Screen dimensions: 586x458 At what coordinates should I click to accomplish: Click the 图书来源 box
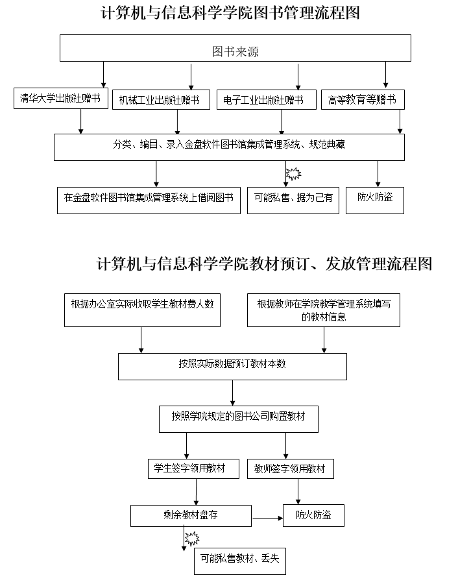coord(235,49)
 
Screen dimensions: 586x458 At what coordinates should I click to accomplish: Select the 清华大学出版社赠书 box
coord(61,98)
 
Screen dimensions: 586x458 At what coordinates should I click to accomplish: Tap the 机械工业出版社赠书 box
coord(163,101)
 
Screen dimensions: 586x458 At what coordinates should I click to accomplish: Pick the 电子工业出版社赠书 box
coord(266,99)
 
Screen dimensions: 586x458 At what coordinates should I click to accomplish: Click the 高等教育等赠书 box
coord(363,99)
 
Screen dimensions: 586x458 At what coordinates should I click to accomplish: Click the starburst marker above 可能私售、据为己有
coord(294,173)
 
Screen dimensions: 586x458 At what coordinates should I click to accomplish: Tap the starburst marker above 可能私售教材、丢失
coord(191,538)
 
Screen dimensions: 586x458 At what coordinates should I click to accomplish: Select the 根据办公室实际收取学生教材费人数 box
coord(142,310)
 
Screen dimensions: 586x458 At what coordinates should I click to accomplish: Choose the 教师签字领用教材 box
coord(291,469)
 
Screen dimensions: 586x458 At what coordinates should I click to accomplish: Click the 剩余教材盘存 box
coord(191,516)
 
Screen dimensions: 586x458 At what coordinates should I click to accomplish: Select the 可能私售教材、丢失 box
coord(239,560)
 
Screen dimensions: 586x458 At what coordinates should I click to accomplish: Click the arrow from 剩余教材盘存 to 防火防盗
coord(267,517)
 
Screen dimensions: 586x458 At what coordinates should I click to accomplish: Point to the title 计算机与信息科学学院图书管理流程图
coord(230,13)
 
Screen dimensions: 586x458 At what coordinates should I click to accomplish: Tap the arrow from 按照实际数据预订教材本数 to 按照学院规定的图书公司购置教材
coord(232,393)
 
